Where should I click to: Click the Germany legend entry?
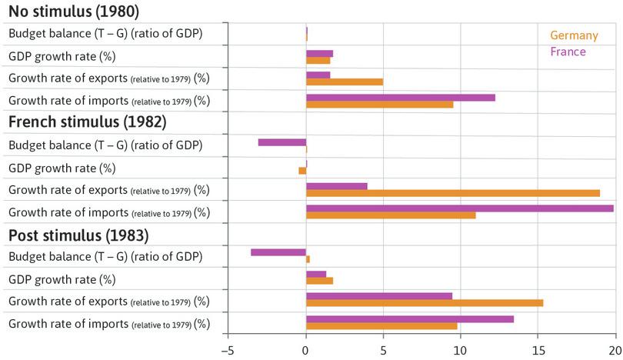point(574,35)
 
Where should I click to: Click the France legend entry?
point(568,52)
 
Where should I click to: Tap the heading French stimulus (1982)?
point(87,122)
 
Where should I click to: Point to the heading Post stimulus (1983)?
point(78,235)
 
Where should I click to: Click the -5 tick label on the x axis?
point(227,351)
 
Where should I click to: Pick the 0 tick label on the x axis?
point(306,351)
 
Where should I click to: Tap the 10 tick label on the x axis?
point(460,351)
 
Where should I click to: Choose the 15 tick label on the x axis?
point(538,351)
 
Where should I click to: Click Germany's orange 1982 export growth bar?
point(452,193)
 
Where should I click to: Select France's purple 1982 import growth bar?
point(459,208)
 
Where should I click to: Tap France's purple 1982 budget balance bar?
point(282,142)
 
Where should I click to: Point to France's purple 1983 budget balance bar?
point(278,252)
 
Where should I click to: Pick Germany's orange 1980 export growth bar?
point(345,82)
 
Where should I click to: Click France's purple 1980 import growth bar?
point(400,98)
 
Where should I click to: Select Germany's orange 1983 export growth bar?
point(425,302)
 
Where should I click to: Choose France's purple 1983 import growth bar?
point(410,318)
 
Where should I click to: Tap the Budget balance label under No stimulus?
point(105,34)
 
